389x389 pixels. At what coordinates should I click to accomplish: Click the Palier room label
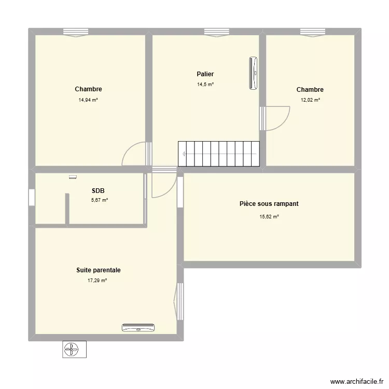click(x=205, y=74)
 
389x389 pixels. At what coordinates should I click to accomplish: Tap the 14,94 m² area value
click(x=88, y=100)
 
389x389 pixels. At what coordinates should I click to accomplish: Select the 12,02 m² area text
click(x=310, y=100)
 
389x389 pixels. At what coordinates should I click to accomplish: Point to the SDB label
click(x=99, y=190)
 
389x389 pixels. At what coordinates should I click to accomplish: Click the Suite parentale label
click(x=99, y=270)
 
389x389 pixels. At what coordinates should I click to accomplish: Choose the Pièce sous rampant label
click(x=269, y=204)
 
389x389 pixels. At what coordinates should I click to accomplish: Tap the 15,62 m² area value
click(x=269, y=217)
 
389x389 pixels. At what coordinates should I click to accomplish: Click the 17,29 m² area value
click(x=97, y=281)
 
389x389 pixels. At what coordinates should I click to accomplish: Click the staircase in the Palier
click(x=218, y=154)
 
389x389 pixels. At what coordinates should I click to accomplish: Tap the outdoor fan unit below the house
click(x=74, y=350)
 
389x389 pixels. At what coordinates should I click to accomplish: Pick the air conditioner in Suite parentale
click(x=138, y=327)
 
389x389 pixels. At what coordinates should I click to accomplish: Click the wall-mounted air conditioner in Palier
click(x=253, y=73)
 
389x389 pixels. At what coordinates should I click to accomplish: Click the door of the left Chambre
click(x=135, y=154)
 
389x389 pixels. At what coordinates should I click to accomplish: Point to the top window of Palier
click(x=216, y=32)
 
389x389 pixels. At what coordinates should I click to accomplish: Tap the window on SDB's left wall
click(x=32, y=198)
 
